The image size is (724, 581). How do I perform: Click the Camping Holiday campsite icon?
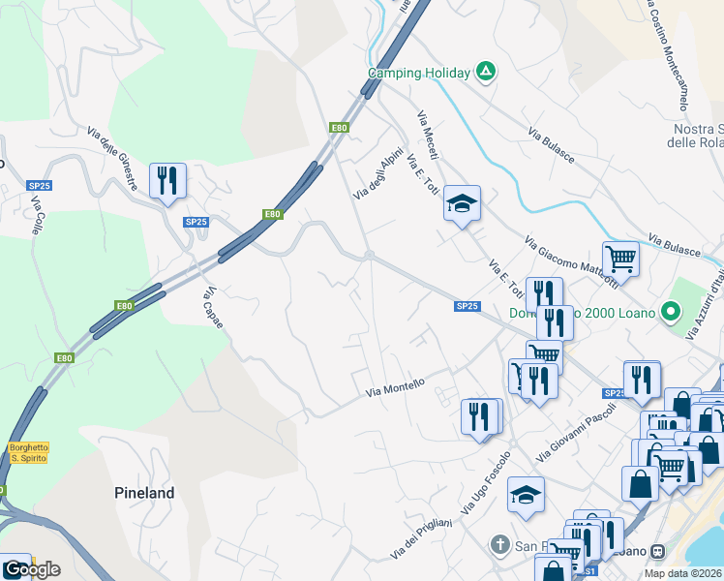click(486, 72)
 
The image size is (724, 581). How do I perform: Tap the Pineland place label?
click(144, 493)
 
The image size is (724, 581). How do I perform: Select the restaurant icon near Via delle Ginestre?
click(167, 180)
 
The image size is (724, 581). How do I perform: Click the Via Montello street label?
click(395, 387)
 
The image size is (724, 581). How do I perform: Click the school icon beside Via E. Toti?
click(462, 203)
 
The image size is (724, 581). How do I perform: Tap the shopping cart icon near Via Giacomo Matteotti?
click(620, 259)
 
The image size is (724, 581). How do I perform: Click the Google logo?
click(31, 569)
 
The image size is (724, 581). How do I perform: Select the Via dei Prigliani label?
click(422, 538)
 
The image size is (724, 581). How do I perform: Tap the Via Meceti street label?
click(428, 137)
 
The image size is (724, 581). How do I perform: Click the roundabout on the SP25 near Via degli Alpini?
click(369, 256)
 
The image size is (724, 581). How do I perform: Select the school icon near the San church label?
click(526, 495)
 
